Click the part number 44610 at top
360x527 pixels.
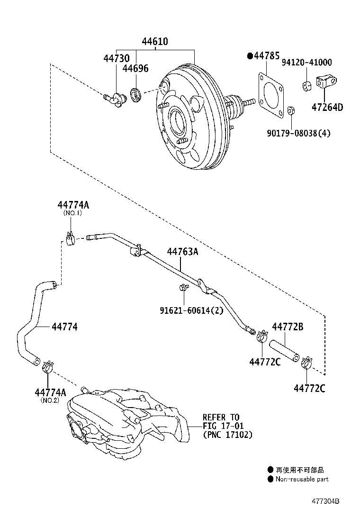[x=154, y=42]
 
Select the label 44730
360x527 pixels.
[x=117, y=58]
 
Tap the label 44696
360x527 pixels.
[x=135, y=69]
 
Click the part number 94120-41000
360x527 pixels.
[x=306, y=63]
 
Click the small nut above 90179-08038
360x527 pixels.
[x=291, y=111]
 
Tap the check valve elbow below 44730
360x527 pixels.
[x=114, y=99]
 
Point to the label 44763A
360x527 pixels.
[x=182, y=252]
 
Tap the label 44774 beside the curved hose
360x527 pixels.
[x=65, y=327]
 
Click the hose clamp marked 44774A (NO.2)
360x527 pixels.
[x=48, y=366]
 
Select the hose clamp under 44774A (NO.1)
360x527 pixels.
[x=70, y=236]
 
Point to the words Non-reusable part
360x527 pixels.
[x=302, y=479]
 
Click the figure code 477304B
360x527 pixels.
[x=325, y=501]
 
